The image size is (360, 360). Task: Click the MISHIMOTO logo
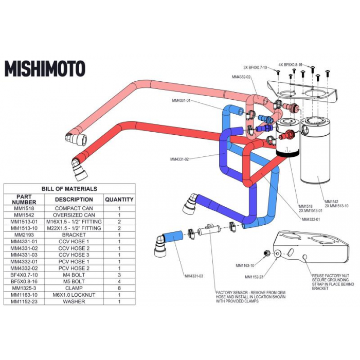pos(45,68)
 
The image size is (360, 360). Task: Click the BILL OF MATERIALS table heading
pos(69,189)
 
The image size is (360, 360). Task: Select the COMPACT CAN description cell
pos(74,208)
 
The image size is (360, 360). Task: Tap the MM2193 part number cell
pos(24,235)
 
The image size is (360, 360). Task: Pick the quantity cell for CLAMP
pos(119,289)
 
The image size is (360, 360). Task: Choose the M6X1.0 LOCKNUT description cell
pos(74,295)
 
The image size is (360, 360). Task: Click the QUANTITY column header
pos(119,199)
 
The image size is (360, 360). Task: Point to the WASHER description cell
pos(74,302)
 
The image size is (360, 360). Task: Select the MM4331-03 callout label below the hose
pos(193,276)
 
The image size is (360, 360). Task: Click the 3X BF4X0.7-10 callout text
pos(255,67)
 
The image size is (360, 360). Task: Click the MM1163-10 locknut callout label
pos(245,265)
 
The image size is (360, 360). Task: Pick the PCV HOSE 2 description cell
pos(74,268)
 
